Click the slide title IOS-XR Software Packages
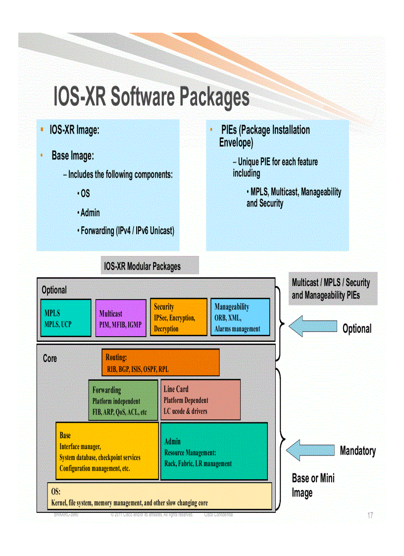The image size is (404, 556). [x=151, y=97]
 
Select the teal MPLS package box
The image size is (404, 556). [x=66, y=318]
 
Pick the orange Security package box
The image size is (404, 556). [x=178, y=317]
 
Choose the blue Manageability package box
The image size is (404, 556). [x=240, y=317]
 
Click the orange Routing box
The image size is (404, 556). [x=161, y=362]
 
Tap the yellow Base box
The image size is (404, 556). [x=107, y=451]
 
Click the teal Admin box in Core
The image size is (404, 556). [x=214, y=451]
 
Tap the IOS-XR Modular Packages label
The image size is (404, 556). [x=149, y=266]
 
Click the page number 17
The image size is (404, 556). [x=370, y=516]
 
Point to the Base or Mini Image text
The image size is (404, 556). [x=313, y=485]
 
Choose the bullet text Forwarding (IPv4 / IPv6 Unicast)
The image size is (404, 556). [x=127, y=231]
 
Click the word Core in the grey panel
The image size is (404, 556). [x=50, y=358]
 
